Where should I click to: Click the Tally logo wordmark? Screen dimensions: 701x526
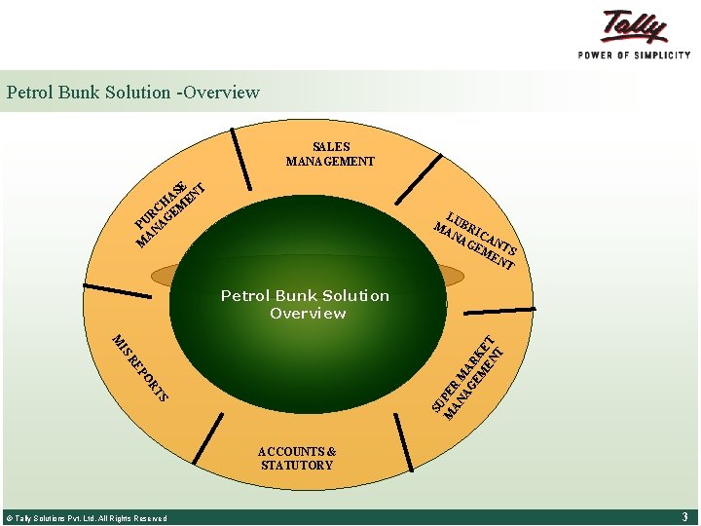(634, 26)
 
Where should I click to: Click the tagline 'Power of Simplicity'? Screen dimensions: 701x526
(634, 55)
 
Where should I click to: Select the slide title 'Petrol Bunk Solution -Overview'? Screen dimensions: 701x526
(133, 93)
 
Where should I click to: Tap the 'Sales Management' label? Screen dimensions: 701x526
(330, 154)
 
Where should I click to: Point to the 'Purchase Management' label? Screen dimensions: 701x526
(171, 212)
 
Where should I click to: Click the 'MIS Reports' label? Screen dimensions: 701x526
(140, 368)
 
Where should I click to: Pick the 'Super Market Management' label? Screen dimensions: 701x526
(469, 378)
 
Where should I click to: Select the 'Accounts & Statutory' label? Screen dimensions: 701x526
(297, 458)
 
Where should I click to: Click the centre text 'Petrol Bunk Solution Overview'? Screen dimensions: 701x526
(305, 304)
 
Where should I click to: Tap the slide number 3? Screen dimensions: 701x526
(685, 516)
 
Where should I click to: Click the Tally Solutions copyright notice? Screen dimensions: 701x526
(87, 518)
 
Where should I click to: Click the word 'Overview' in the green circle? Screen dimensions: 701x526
(308, 314)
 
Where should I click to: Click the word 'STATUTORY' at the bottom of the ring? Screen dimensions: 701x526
(297, 466)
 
